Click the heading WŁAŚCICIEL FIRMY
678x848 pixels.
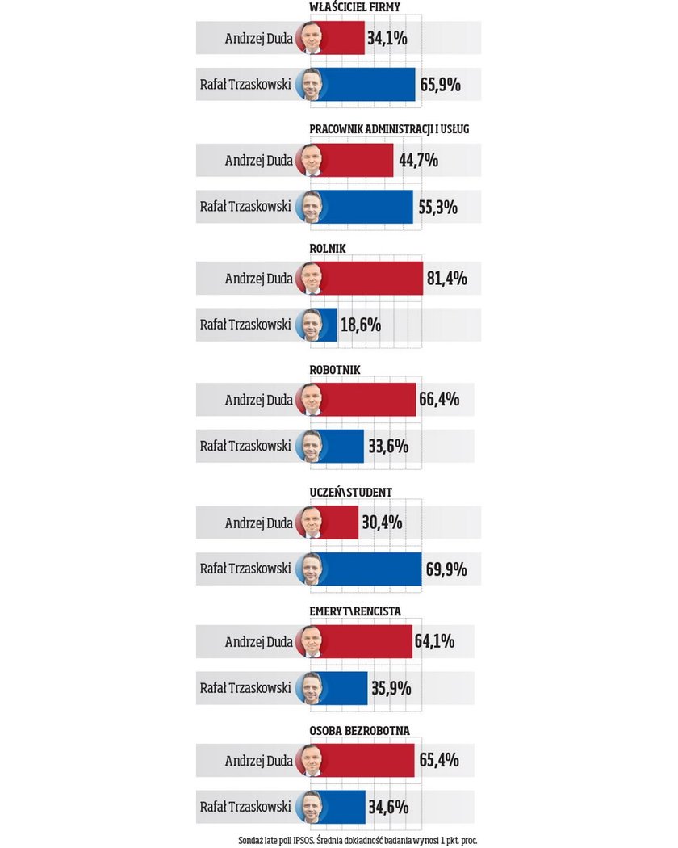pos(354,8)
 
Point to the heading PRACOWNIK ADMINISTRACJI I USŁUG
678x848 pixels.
pos(389,129)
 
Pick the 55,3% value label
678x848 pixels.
pos(437,207)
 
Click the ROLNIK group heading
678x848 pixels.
pos(328,249)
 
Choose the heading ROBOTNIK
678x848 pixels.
pos(335,370)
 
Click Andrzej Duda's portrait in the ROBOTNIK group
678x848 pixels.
pos(311,400)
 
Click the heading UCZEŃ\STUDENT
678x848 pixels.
pos(351,492)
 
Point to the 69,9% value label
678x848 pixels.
pos(446,569)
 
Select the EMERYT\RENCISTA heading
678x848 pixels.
pos(355,611)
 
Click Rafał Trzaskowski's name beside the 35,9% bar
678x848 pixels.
pos(245,688)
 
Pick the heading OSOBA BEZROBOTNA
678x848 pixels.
pos(359,731)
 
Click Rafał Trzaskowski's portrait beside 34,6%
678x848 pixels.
pos(311,807)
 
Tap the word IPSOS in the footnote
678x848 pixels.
pos(302,839)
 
